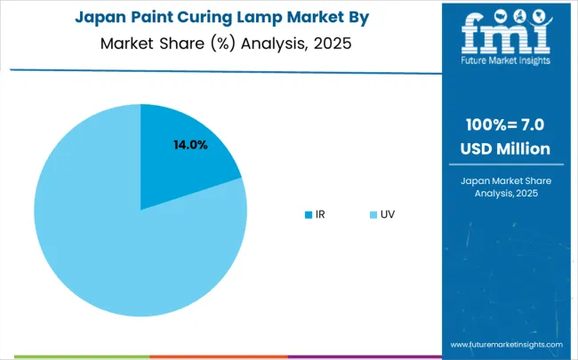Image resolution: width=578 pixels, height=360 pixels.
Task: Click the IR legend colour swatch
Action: point(308,214)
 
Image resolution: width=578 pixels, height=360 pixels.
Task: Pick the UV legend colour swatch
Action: point(371,214)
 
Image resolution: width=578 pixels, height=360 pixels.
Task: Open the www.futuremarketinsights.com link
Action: point(506,345)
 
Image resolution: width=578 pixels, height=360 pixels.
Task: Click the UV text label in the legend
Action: point(388,214)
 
